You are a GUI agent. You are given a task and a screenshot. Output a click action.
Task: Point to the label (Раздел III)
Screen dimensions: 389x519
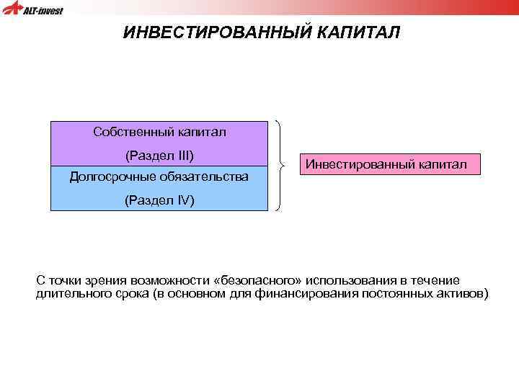[159, 155]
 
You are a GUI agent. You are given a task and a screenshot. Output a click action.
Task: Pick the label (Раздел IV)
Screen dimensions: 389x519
[159, 200]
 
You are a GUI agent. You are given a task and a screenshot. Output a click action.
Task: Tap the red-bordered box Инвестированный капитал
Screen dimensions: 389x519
[386, 165]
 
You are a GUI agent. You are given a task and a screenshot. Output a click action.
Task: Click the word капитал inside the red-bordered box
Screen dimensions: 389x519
[440, 165]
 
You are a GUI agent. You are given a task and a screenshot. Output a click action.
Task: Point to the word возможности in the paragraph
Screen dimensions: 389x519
[167, 280]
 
